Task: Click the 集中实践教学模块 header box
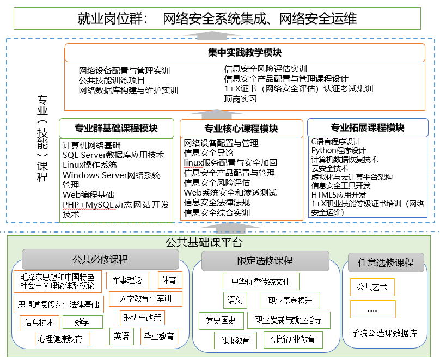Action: coord(245,53)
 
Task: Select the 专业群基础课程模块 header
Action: coord(116,129)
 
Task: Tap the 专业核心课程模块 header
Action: coord(241,129)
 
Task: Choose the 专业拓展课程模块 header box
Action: coord(368,128)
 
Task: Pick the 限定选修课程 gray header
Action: coord(265,260)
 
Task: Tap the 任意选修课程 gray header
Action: coord(386,262)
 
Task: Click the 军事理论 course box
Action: coord(127,280)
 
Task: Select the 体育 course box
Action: coord(169,280)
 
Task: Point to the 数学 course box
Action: coord(83,322)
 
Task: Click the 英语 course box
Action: coord(121,336)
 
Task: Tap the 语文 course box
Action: coord(235,300)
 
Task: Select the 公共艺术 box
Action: coord(372,287)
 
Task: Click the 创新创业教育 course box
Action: coord(293,340)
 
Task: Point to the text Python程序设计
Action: coord(338,150)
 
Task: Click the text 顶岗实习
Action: coord(240,99)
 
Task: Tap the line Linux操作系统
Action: coord(89,165)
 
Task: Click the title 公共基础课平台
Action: coord(204,243)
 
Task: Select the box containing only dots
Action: coord(372,310)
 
